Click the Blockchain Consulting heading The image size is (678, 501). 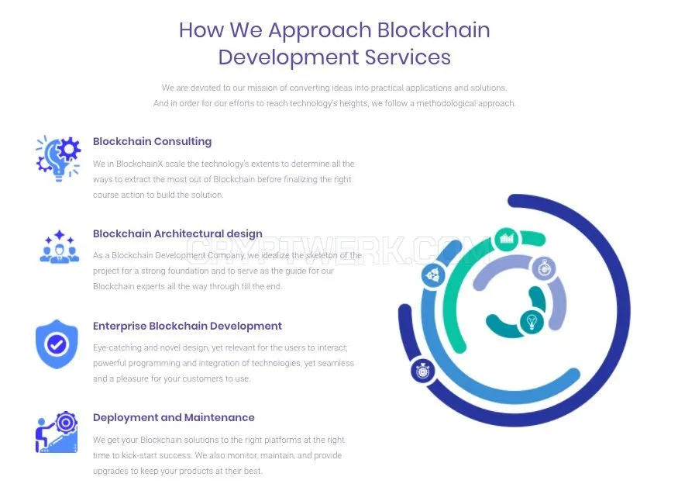(152, 141)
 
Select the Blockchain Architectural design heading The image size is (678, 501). (177, 233)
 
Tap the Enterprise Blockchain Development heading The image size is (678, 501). (188, 326)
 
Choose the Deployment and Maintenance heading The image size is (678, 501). (174, 417)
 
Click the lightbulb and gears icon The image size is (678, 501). (58, 158)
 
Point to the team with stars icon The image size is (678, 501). (59, 247)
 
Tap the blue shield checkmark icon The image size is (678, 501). (57, 344)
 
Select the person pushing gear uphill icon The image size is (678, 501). (57, 432)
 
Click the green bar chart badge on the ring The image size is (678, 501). (506, 238)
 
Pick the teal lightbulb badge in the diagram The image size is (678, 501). (532, 322)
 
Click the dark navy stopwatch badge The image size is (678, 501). (422, 371)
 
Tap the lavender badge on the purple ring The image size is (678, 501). (544, 268)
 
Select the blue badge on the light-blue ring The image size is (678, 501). (433, 275)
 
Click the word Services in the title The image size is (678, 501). (408, 57)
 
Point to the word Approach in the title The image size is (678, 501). (320, 31)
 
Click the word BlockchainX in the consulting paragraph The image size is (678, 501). (139, 164)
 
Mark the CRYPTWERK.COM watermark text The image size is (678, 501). (339, 250)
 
